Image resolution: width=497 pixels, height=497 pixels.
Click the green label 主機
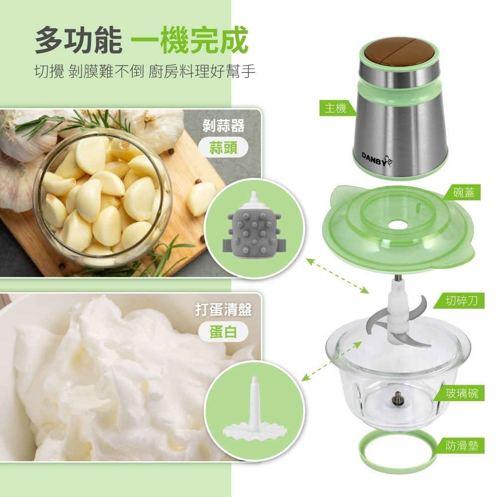pyautogui.click(x=335, y=108)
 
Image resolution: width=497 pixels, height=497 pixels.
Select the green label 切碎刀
pyautogui.click(x=462, y=301)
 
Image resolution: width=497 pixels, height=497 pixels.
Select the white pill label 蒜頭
pyautogui.click(x=223, y=148)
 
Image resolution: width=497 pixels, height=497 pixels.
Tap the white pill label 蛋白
pyautogui.click(x=223, y=332)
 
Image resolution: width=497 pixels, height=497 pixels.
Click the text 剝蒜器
pyautogui.click(x=224, y=125)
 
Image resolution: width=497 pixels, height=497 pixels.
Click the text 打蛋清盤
pyautogui.click(x=223, y=310)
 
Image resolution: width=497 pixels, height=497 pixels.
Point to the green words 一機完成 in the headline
pyautogui.click(x=191, y=41)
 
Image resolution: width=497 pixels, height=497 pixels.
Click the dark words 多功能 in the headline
pyautogui.click(x=78, y=41)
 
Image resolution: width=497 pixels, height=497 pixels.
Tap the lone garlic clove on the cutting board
pyautogui.click(x=201, y=199)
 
